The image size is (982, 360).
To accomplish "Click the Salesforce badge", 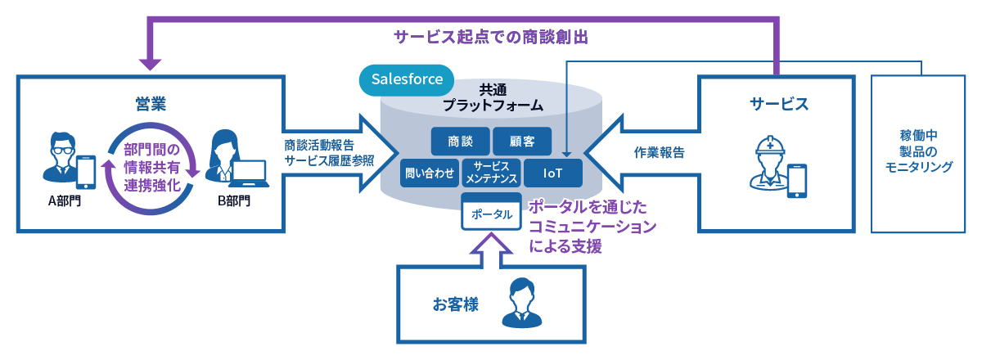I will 407,80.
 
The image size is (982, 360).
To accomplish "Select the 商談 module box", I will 460,141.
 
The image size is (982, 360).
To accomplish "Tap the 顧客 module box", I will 522,141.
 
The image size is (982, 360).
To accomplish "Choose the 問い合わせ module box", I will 429,173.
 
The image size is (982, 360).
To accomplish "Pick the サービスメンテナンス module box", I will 490,173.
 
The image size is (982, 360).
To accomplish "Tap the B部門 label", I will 234,199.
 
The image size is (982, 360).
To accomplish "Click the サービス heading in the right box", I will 779,104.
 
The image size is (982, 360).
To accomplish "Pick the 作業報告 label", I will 659,152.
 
